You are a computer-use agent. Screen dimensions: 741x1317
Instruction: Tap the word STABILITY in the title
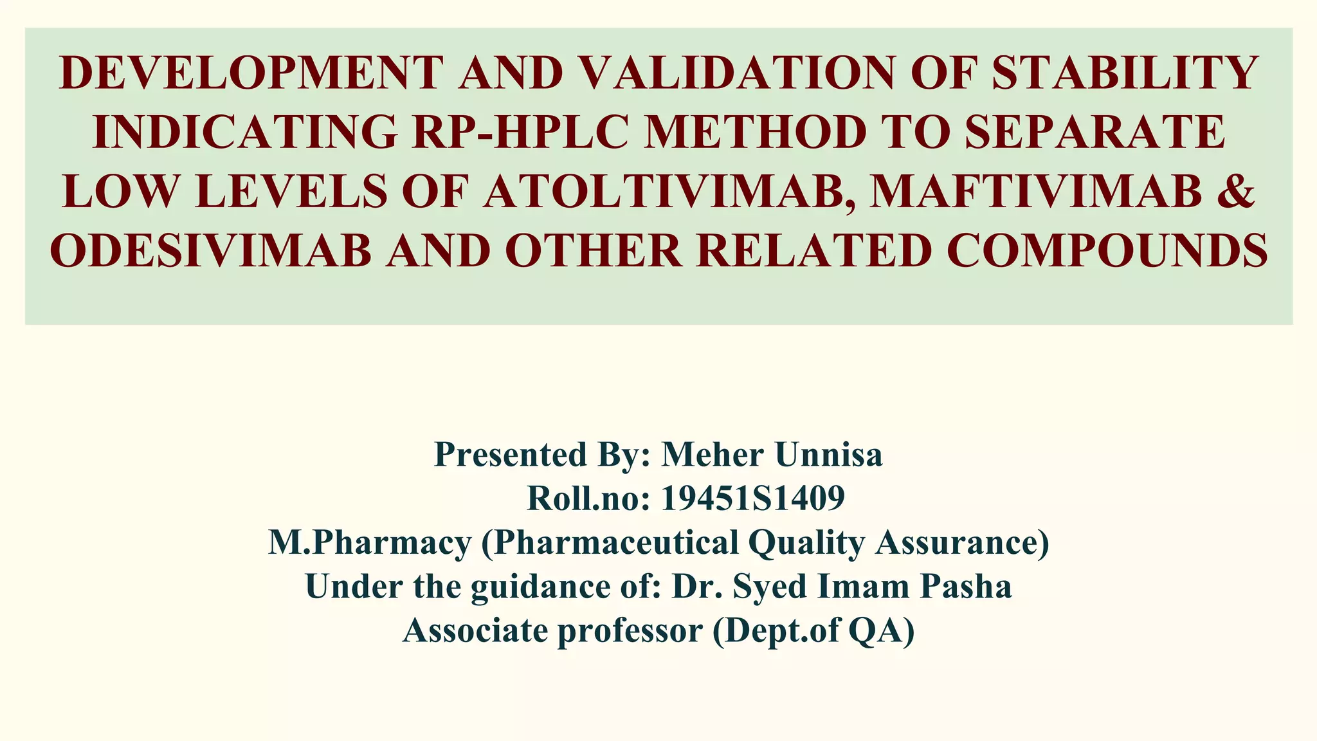pyautogui.click(x=1125, y=73)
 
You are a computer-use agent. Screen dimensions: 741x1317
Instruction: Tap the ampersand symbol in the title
pyautogui.click(x=1235, y=192)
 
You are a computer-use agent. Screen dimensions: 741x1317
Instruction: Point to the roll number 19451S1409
pyautogui.click(x=752, y=499)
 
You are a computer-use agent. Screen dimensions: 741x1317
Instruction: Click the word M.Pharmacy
pyautogui.click(x=370, y=542)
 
